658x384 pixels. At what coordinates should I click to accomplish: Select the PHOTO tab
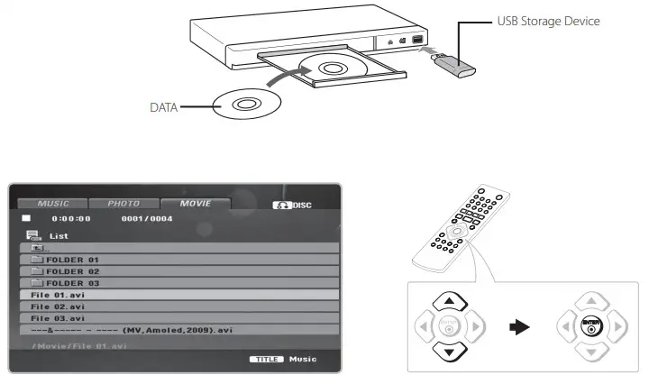(x=123, y=204)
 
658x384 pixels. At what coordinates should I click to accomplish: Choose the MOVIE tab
(x=195, y=204)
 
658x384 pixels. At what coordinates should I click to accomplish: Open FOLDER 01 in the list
(x=68, y=260)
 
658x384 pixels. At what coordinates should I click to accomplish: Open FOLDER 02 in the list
(x=68, y=271)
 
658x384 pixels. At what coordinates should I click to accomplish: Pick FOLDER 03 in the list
(x=68, y=283)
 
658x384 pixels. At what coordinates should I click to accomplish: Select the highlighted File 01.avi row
(x=59, y=295)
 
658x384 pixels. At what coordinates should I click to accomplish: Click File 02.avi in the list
(x=59, y=306)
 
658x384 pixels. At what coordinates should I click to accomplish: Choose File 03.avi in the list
(x=59, y=318)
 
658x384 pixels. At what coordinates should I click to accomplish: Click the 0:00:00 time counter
(x=71, y=219)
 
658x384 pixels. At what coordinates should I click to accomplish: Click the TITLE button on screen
(x=268, y=360)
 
